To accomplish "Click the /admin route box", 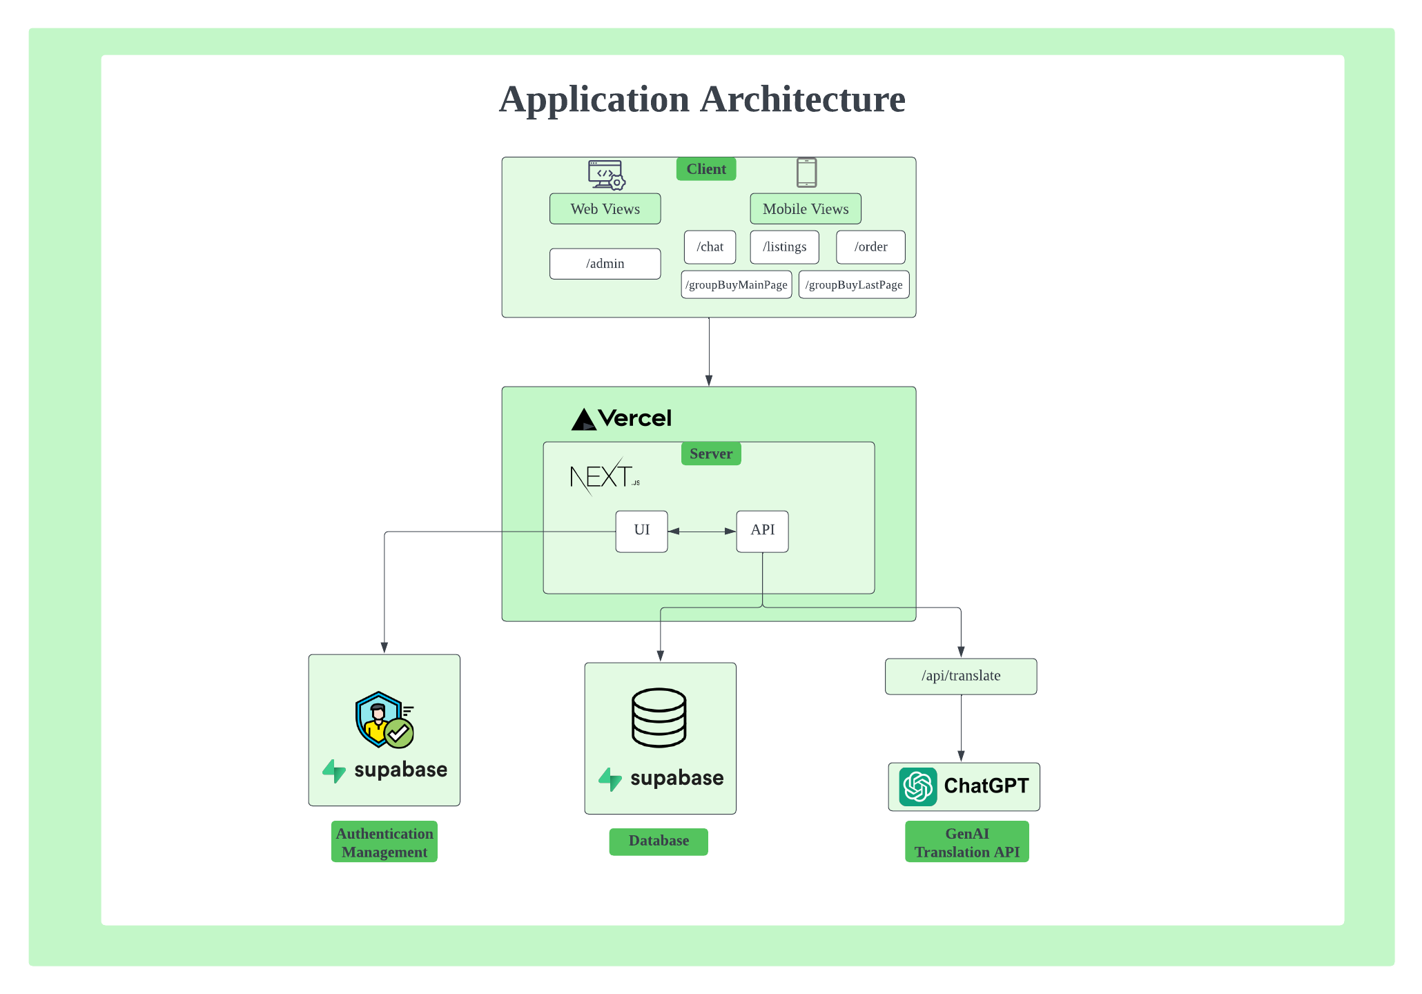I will [605, 264].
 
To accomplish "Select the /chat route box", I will [710, 247].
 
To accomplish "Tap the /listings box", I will [784, 247].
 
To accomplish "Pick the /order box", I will [870, 247].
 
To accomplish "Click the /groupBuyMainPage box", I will [736, 285].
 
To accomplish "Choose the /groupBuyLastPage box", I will [854, 285].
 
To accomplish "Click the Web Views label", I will [605, 209].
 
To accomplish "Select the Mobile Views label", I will [806, 209].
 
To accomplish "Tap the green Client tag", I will [706, 169].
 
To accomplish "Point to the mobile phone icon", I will [806, 173].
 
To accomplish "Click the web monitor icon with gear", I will [606, 175].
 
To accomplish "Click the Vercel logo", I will [621, 418].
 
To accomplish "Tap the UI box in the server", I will [641, 531].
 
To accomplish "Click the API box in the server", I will [762, 531].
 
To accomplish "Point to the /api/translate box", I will [960, 676].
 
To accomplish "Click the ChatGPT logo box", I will [964, 787].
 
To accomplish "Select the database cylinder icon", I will [659, 718].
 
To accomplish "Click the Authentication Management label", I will [384, 842].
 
